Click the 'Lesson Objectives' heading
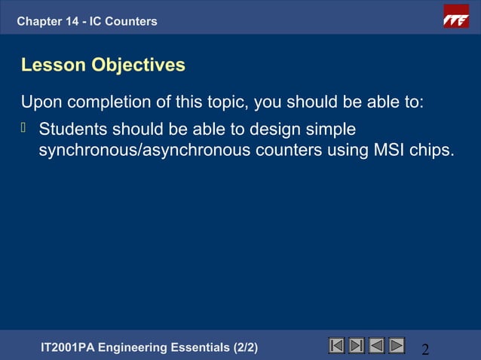pyautogui.click(x=103, y=66)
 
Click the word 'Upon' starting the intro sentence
pyautogui.click(x=40, y=102)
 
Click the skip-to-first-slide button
pyautogui.click(x=337, y=346)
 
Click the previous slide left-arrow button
pyautogui.click(x=376, y=346)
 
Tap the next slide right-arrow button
pyautogui.click(x=396, y=346)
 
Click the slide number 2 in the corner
pyautogui.click(x=425, y=349)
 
